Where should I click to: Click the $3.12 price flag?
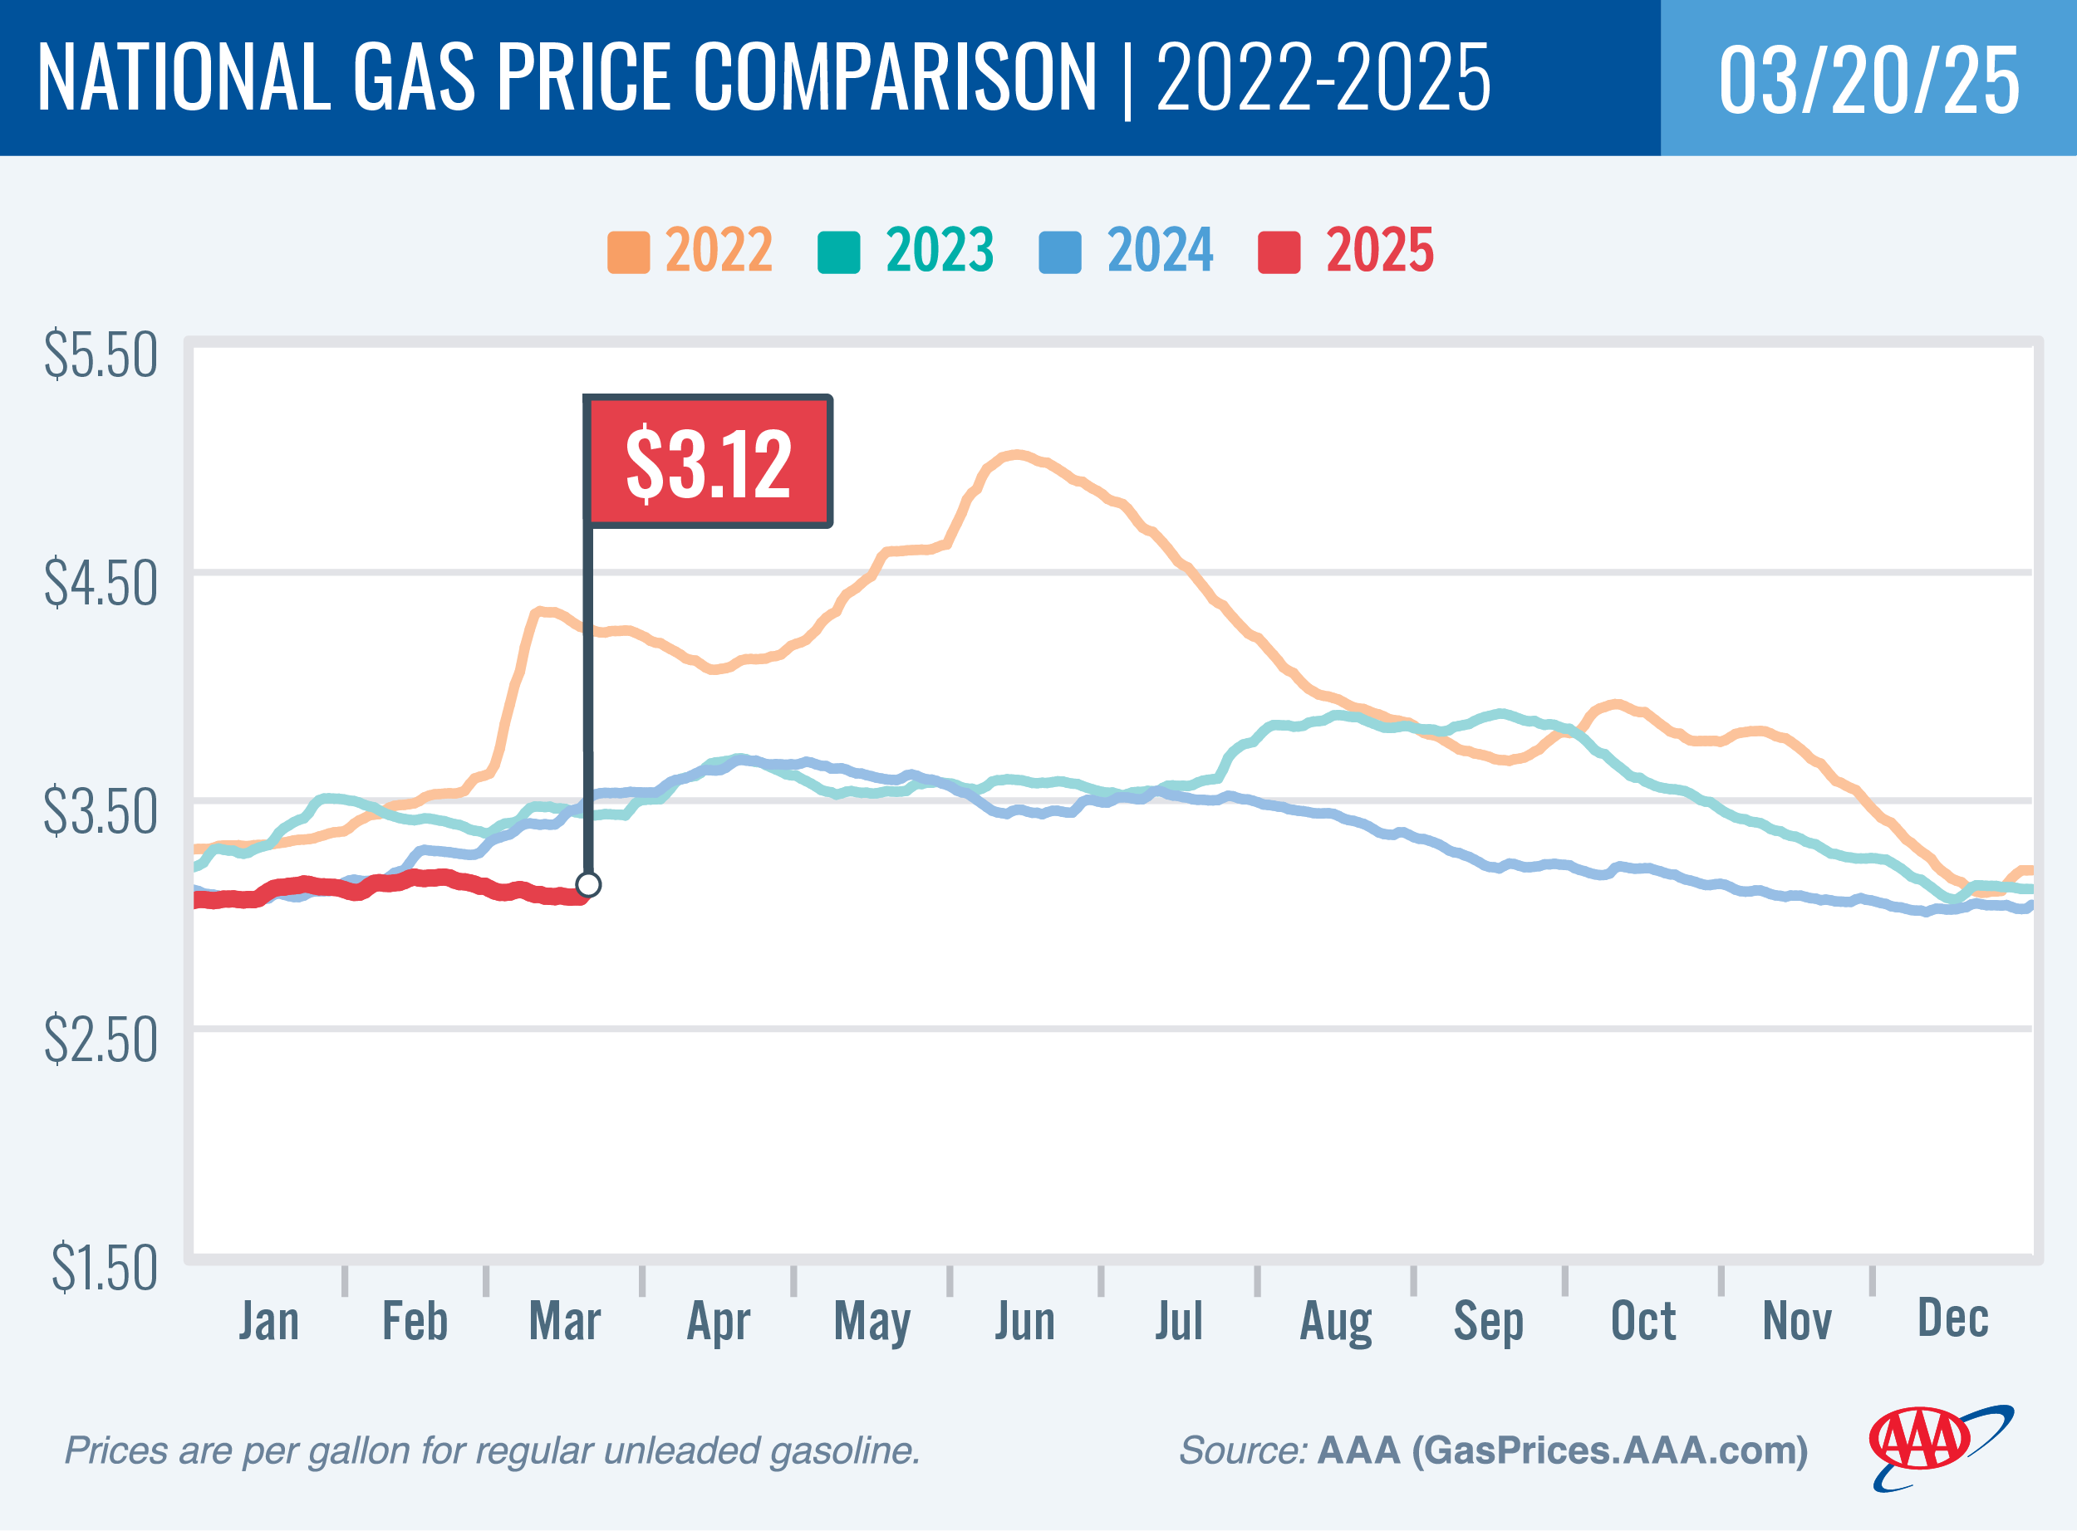tap(709, 462)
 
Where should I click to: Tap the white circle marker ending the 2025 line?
tap(588, 884)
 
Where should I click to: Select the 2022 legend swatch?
tap(628, 252)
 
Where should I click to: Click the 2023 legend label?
tap(940, 250)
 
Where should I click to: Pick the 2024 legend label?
tap(1159, 250)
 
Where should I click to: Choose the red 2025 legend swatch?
tap(1279, 252)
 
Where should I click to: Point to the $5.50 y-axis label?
tap(101, 355)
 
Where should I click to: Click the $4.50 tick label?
tap(101, 583)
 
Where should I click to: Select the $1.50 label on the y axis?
tap(104, 1268)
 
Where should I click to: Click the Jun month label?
tap(1024, 1322)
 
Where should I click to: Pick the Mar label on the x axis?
tap(564, 1322)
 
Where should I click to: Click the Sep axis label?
tap(1488, 1322)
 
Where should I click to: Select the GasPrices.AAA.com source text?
tap(1608, 1450)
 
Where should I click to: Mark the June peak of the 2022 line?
tap(1017, 454)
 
